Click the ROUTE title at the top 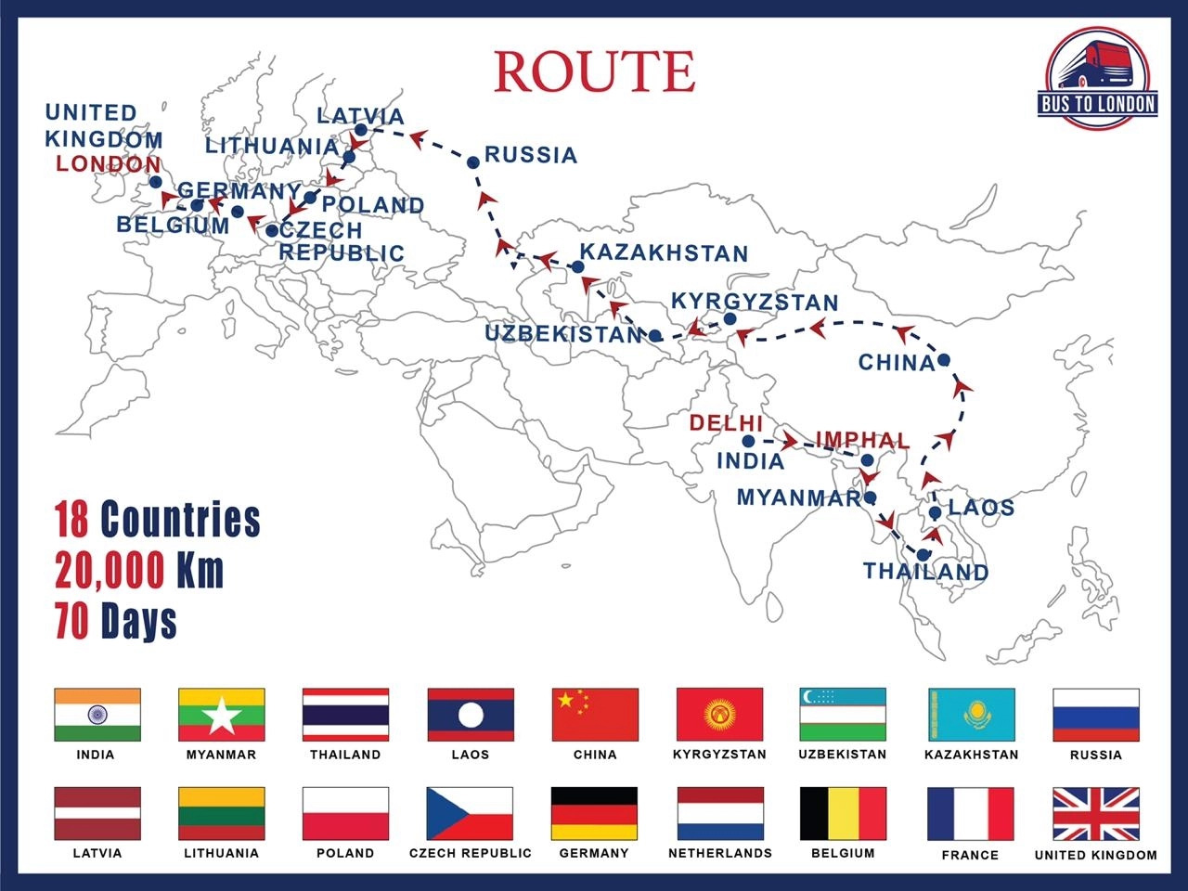pos(594,71)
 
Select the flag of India pos(97,714)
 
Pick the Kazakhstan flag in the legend pos(971,714)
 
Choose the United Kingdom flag pos(1096,813)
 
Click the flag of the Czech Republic pos(470,813)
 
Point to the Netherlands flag pos(720,813)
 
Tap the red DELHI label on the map pos(726,423)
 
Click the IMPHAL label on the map pos(862,440)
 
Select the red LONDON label pos(108,164)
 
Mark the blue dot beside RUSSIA pos(473,162)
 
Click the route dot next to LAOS pos(936,512)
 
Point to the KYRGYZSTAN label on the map pos(755,303)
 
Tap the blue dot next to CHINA pos(944,360)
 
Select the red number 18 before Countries pos(71,520)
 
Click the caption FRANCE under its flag pos(970,855)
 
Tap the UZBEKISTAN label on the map pos(563,334)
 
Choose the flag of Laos pos(470,714)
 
